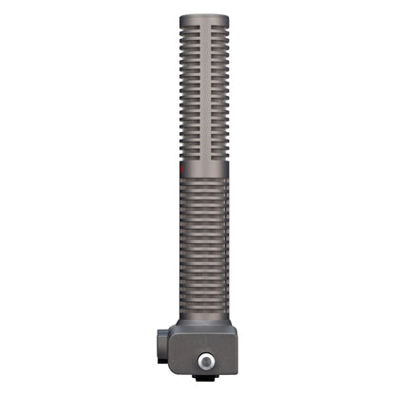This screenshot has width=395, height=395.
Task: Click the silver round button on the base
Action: pyautogui.click(x=204, y=363)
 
